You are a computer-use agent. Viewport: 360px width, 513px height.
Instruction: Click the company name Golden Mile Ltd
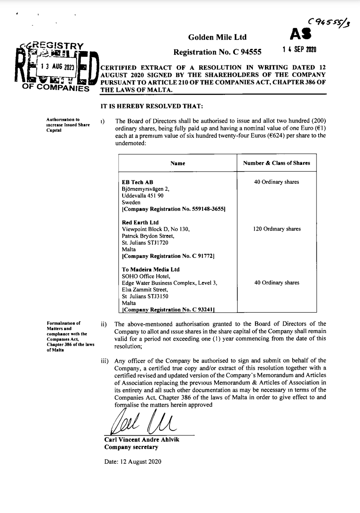[217, 37]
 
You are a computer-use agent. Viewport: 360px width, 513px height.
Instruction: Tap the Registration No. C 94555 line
[217, 52]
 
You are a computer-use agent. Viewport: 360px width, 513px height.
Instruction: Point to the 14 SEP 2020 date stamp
[299, 49]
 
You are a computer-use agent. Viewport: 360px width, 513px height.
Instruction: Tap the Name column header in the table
[178, 163]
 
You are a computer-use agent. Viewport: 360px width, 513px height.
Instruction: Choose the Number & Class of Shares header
[277, 163]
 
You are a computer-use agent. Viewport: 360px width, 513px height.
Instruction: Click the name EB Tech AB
[137, 182]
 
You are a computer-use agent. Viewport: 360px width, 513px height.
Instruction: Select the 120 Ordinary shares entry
[277, 229]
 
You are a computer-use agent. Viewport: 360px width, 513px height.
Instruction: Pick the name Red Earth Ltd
[140, 223]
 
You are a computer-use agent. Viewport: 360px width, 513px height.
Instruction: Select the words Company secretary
[131, 447]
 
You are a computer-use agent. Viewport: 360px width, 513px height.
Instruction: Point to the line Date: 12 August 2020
[133, 462]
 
